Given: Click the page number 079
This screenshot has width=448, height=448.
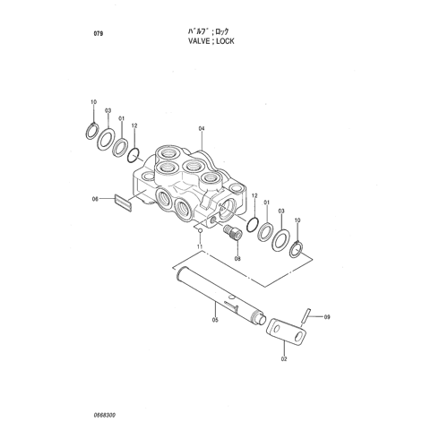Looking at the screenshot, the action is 99,33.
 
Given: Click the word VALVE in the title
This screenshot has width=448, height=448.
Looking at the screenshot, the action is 199,41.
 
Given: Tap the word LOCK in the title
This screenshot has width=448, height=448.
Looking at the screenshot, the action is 225,41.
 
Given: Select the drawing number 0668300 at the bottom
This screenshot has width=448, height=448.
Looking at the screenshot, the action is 105,416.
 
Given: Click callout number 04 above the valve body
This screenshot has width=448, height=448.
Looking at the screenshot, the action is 202,129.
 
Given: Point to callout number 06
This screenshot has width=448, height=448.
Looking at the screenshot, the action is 95,199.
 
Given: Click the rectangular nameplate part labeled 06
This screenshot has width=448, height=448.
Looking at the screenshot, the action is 123,203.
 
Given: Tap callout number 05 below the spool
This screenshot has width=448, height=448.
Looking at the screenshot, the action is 215,320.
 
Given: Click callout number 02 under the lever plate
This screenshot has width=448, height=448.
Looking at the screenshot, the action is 284,358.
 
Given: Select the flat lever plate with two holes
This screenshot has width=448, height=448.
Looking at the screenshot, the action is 286,332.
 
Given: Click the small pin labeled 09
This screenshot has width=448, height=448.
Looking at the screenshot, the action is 306,315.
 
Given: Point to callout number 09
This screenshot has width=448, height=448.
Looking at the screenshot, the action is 327,317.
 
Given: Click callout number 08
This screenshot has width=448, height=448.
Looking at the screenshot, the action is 237,259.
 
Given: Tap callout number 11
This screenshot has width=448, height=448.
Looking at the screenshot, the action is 200,246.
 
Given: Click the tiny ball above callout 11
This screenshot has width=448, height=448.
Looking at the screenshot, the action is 201,230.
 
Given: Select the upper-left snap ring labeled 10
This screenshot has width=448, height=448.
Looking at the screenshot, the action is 91,131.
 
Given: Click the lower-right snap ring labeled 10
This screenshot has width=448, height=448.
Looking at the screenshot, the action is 297,249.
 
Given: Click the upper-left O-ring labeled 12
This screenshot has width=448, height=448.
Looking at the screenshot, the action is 134,155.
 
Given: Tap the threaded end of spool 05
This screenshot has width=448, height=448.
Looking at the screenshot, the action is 256,316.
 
